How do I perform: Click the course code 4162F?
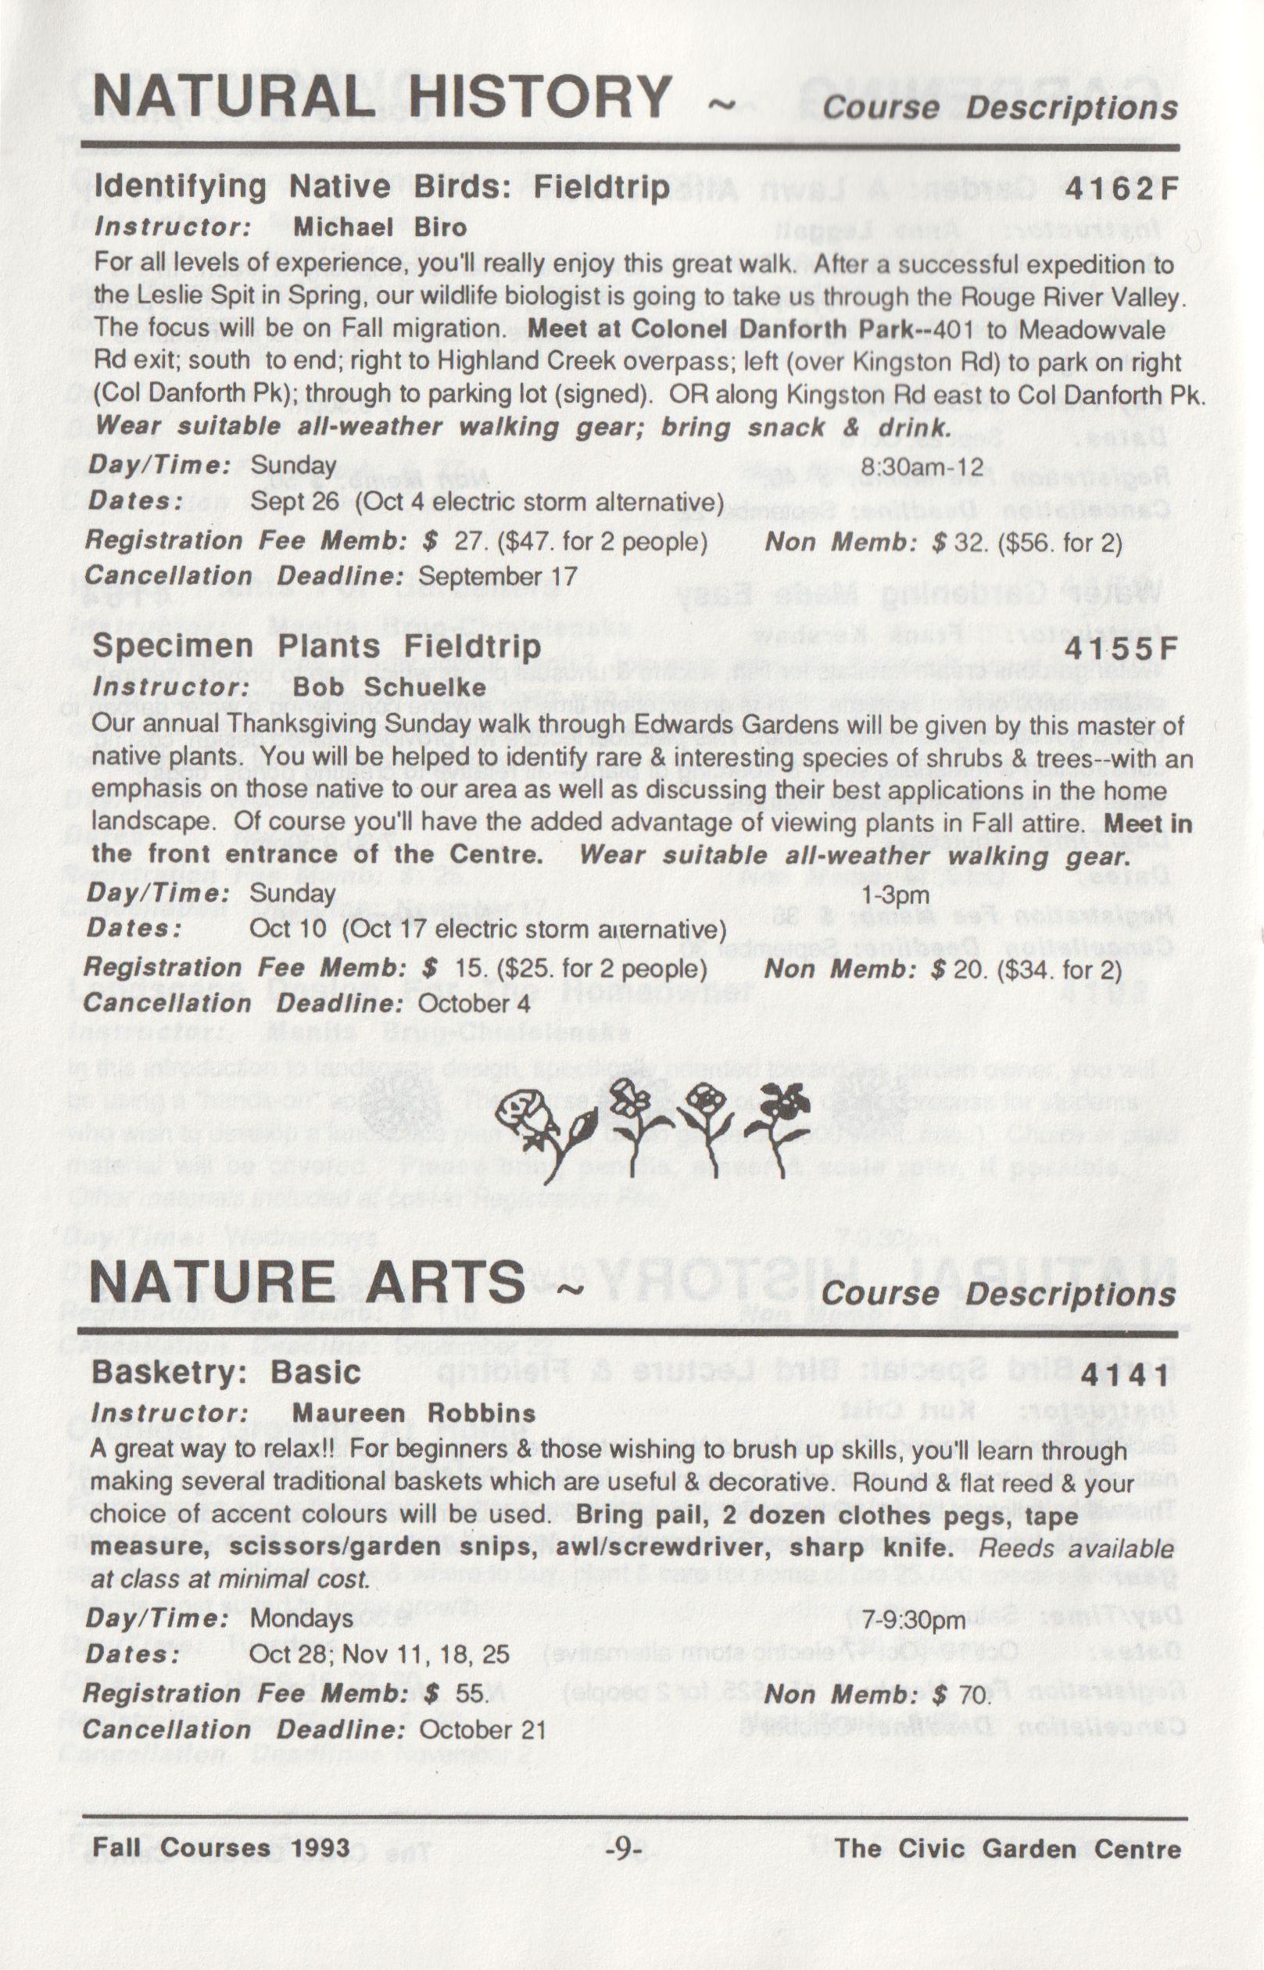[x=1121, y=190]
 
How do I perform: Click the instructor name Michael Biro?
[x=380, y=227]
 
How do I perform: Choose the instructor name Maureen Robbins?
[x=414, y=1413]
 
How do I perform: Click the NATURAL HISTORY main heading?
[x=382, y=96]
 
